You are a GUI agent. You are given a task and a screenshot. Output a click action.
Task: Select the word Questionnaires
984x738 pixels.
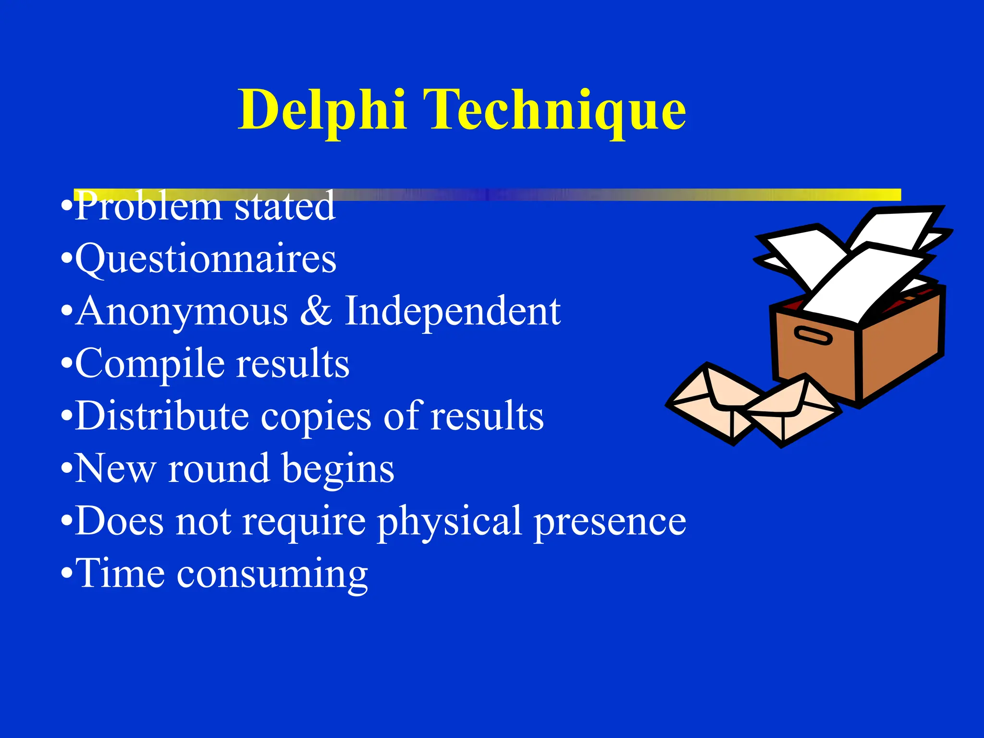[x=206, y=259]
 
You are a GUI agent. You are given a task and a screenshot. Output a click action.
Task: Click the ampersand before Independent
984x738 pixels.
[x=316, y=311]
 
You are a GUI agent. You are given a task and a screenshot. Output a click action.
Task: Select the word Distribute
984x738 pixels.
[x=162, y=416]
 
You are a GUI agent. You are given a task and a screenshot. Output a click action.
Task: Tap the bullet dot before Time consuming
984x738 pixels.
[x=67, y=574]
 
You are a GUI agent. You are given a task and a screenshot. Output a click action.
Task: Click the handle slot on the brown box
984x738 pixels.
[x=812, y=335]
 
